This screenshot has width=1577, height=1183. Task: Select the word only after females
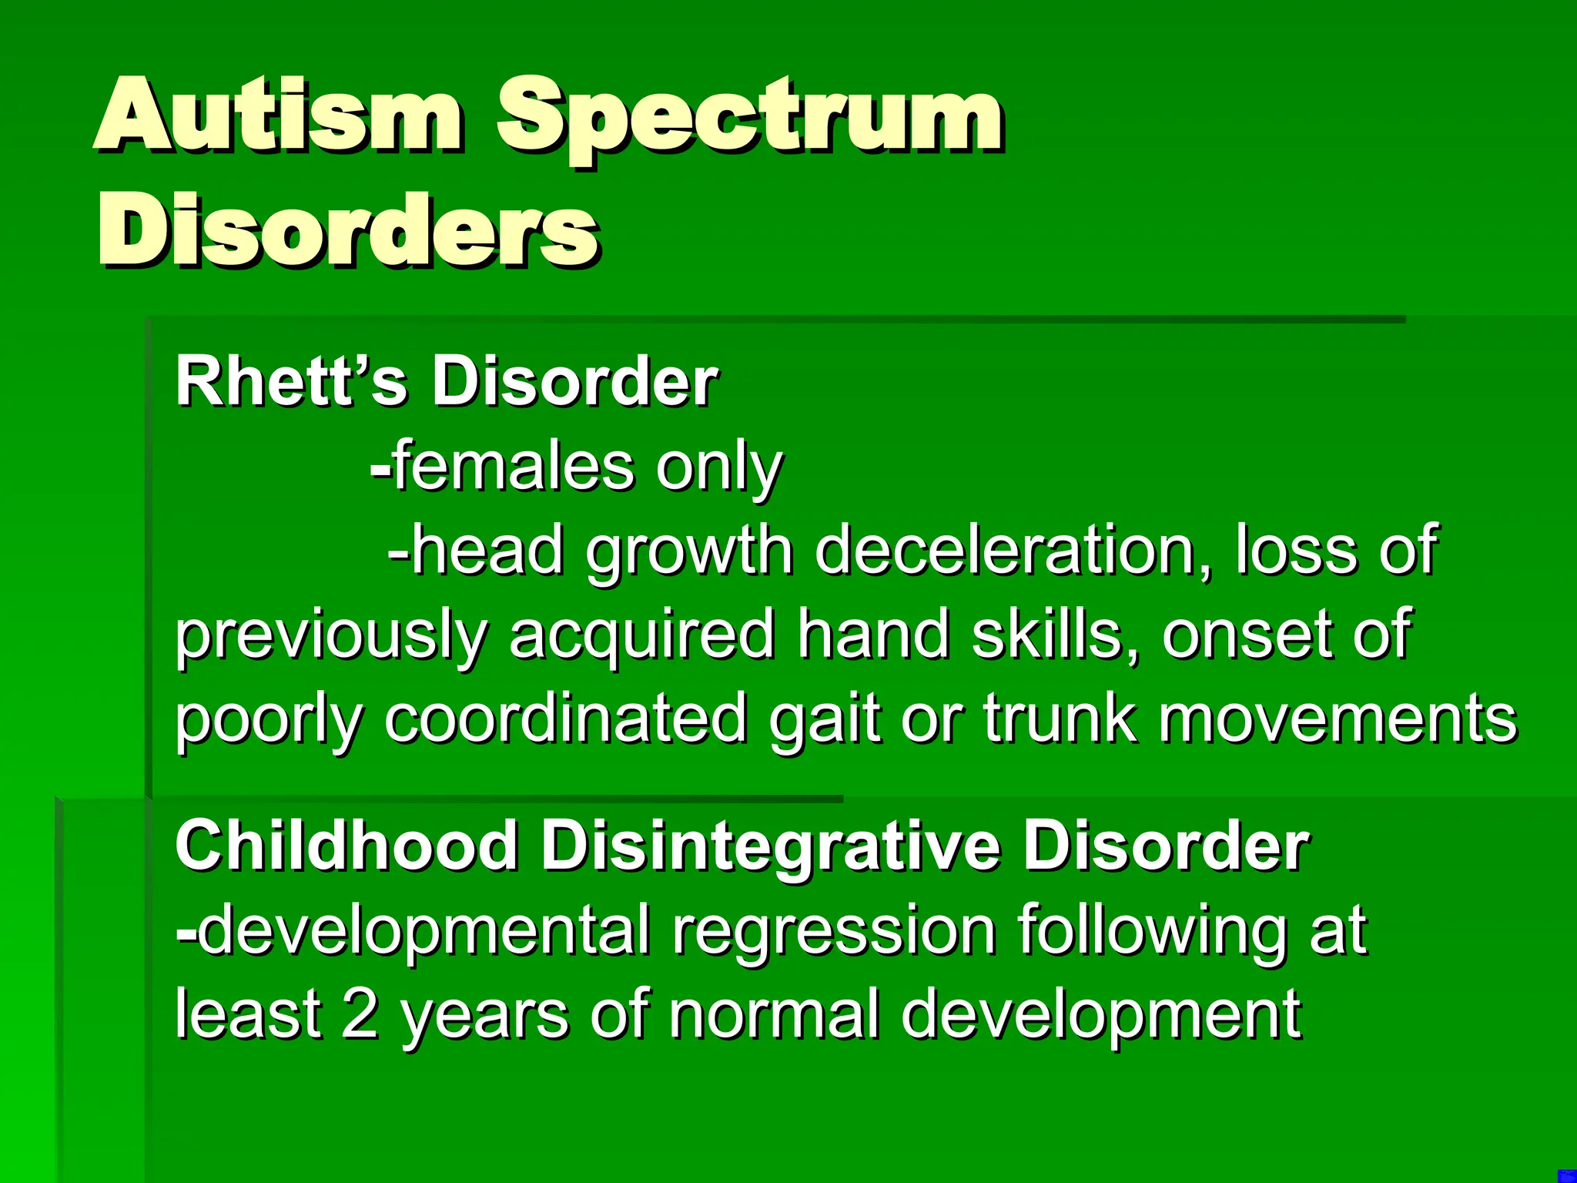[x=719, y=470]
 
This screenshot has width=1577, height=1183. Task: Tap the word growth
[x=689, y=553]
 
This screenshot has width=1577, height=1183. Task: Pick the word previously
[x=331, y=636]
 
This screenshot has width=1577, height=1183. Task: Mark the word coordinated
[x=565, y=718]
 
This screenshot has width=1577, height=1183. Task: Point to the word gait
[x=824, y=719]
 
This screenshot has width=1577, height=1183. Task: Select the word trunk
[x=1060, y=718]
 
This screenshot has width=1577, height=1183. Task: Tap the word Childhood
[x=347, y=846]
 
